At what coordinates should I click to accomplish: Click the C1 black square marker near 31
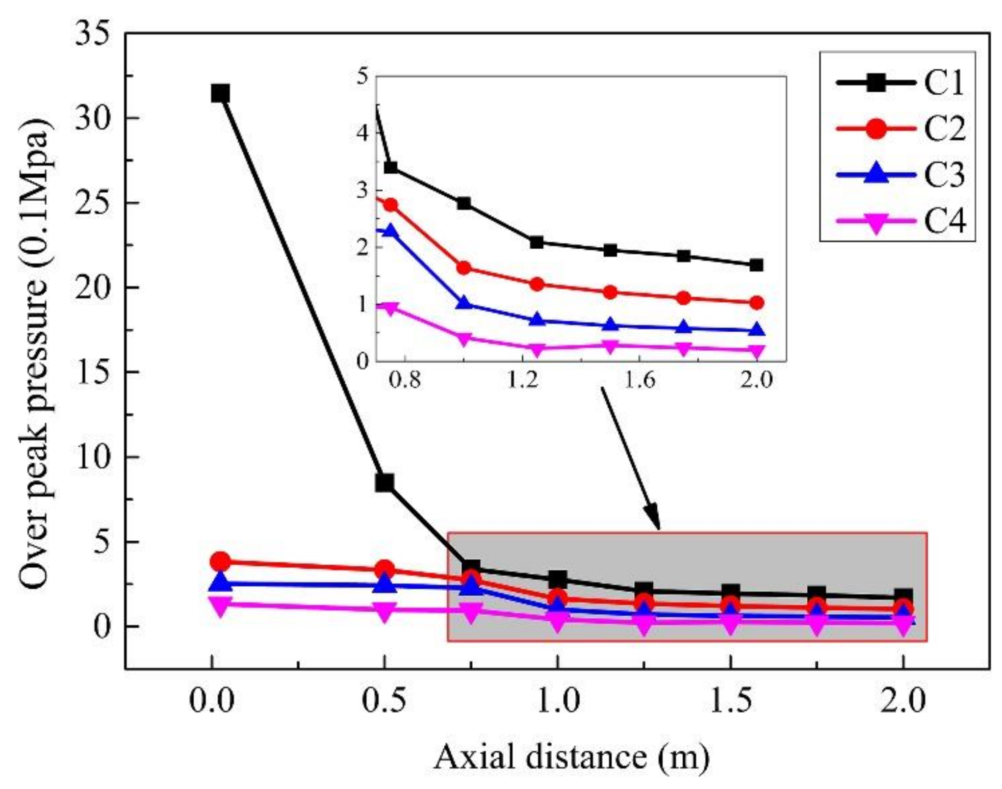[x=220, y=93]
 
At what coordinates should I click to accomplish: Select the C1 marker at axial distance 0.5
[x=385, y=483]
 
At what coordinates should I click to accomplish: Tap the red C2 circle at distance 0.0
[x=220, y=561]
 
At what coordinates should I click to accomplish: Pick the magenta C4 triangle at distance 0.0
[x=220, y=606]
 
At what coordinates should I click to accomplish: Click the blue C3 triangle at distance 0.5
[x=385, y=584]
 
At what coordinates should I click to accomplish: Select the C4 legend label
[x=944, y=221]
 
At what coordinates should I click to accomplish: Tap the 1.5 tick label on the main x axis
[x=731, y=702]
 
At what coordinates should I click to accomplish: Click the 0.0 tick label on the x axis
[x=212, y=702]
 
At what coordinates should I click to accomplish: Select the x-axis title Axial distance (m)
[x=571, y=756]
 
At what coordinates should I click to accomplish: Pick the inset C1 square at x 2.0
[x=756, y=265]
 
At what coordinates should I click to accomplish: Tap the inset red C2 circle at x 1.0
[x=464, y=268]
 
